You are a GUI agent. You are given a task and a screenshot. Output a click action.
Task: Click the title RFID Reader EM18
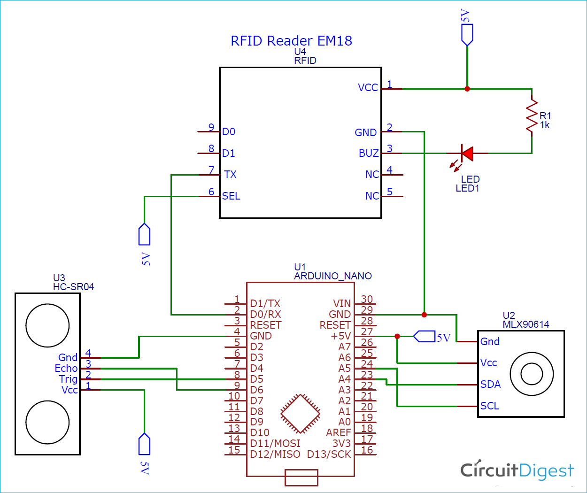[291, 41]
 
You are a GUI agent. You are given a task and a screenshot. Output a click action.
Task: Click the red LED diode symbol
[467, 153]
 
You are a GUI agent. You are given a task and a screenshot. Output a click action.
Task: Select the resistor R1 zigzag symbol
[532, 116]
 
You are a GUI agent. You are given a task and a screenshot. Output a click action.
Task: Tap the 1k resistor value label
[545, 125]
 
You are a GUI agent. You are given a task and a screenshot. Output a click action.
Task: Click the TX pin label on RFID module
[230, 175]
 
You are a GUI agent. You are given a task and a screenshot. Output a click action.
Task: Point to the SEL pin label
[231, 196]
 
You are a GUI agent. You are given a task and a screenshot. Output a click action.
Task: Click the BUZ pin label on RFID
[369, 154]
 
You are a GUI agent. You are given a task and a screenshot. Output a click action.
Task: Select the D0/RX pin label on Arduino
[265, 314]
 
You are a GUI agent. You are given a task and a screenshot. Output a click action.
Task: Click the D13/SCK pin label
[329, 454]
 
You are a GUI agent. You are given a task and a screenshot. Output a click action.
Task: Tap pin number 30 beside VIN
[367, 300]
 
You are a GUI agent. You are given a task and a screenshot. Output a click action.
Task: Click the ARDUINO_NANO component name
[332, 276]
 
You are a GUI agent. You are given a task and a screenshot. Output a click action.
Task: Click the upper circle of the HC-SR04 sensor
[48, 325]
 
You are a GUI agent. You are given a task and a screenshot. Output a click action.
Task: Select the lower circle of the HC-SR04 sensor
[48, 422]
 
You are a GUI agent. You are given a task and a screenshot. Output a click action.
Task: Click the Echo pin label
[66, 369]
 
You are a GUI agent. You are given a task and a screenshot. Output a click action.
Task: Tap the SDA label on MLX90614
[490, 385]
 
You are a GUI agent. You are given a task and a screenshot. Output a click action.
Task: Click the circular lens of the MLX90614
[532, 374]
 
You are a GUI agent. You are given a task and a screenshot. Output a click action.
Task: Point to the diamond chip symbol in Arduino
[301, 413]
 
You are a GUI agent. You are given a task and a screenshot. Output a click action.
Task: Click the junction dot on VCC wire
[467, 89]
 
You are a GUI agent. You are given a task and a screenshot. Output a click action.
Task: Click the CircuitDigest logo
[517, 470]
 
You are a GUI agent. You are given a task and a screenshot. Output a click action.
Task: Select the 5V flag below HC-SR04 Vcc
[144, 444]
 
